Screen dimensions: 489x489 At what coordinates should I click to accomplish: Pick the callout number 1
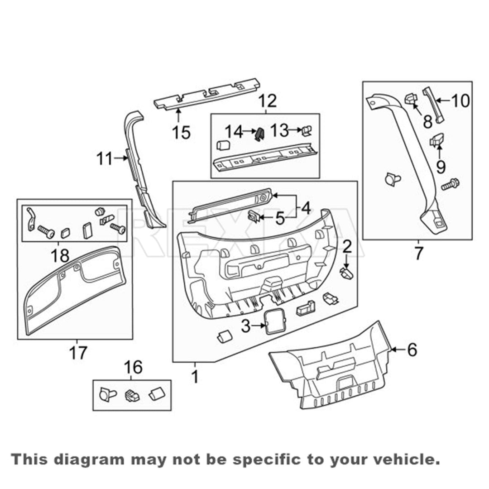pyautogui.click(x=195, y=376)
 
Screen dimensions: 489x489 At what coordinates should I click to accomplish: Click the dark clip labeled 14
pyautogui.click(x=260, y=133)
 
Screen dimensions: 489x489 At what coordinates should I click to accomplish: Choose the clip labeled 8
pyautogui.click(x=411, y=99)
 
